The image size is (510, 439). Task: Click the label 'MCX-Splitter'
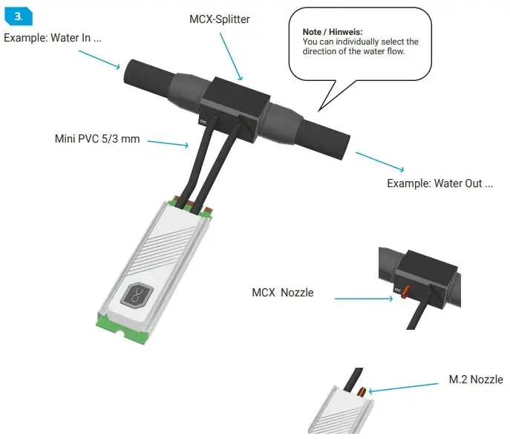220,19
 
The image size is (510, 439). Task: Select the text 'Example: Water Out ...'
439,183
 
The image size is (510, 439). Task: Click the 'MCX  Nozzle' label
283,293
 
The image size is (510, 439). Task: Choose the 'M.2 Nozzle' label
476,380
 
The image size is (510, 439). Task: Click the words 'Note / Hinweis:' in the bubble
333,33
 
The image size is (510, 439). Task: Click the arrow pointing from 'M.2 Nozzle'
405,386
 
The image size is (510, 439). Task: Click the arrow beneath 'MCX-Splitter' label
233,56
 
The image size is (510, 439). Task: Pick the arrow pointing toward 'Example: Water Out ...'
380,162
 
